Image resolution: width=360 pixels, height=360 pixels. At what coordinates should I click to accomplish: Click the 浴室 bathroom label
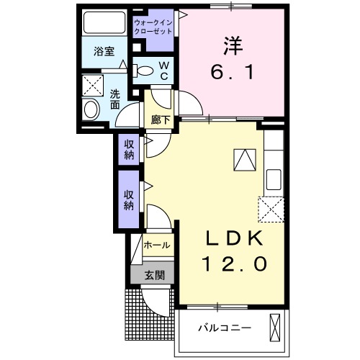tap(105, 52)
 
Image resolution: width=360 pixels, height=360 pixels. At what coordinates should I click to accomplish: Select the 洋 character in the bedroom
tap(231, 45)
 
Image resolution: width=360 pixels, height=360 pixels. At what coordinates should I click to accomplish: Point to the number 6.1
tap(231, 73)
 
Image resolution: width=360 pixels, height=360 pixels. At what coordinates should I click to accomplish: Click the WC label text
tap(163, 70)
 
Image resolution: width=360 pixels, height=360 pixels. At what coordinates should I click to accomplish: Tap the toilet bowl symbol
tap(143, 71)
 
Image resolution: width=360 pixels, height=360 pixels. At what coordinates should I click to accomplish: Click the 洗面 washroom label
tap(115, 98)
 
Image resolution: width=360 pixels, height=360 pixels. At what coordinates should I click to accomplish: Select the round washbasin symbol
tap(91, 110)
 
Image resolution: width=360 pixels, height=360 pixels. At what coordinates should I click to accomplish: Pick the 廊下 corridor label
tap(161, 120)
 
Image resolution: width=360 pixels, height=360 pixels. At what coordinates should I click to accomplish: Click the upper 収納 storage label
tap(129, 150)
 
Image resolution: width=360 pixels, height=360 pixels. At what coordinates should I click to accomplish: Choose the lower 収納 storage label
tap(129, 199)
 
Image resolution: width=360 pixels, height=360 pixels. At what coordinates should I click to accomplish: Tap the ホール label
tap(157, 246)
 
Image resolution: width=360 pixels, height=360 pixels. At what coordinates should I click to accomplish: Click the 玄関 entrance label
tap(154, 274)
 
